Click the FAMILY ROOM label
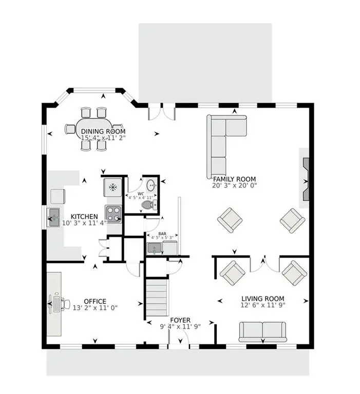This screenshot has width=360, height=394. [235, 179]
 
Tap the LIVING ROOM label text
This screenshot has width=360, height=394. [263, 299]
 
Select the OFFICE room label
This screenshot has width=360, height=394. [96, 301]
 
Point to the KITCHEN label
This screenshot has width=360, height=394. [85, 216]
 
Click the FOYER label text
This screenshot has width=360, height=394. [180, 320]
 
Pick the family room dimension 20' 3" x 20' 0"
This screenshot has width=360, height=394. [235, 185]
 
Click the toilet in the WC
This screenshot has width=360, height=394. [147, 205]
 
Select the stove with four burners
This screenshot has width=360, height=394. [113, 212]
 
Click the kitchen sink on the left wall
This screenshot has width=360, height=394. [53, 218]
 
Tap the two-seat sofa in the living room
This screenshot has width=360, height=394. [262, 331]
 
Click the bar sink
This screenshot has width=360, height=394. [154, 248]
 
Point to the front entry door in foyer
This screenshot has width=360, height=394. [179, 340]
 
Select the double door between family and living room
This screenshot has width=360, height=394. [264, 262]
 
